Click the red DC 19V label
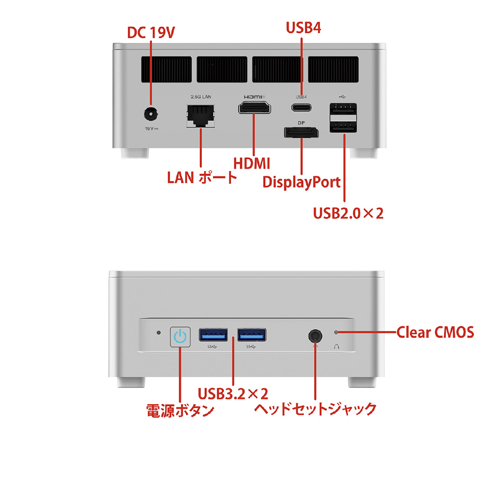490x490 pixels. click(151, 33)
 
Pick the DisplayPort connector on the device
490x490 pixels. click(300, 133)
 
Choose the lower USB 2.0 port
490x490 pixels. click(343, 127)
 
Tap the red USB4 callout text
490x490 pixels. click(303, 28)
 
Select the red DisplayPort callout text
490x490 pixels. click(301, 182)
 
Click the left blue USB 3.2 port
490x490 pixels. click(214, 335)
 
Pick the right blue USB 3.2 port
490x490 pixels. click(252, 335)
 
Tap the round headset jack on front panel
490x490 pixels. click(315, 336)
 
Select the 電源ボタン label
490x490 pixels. click(180, 410)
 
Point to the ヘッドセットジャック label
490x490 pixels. click(315, 408)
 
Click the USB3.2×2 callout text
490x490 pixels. click(233, 393)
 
